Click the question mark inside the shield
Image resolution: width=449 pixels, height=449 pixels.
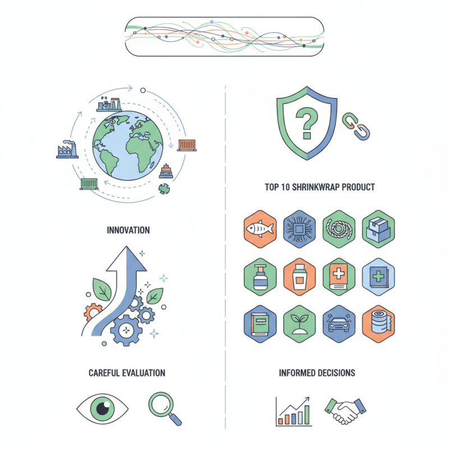pos(306,122)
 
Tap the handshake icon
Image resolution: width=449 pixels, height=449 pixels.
pos(345,411)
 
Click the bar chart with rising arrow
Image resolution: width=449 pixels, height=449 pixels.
pos(294,412)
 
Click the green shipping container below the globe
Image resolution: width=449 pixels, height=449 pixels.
pos(89,184)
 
